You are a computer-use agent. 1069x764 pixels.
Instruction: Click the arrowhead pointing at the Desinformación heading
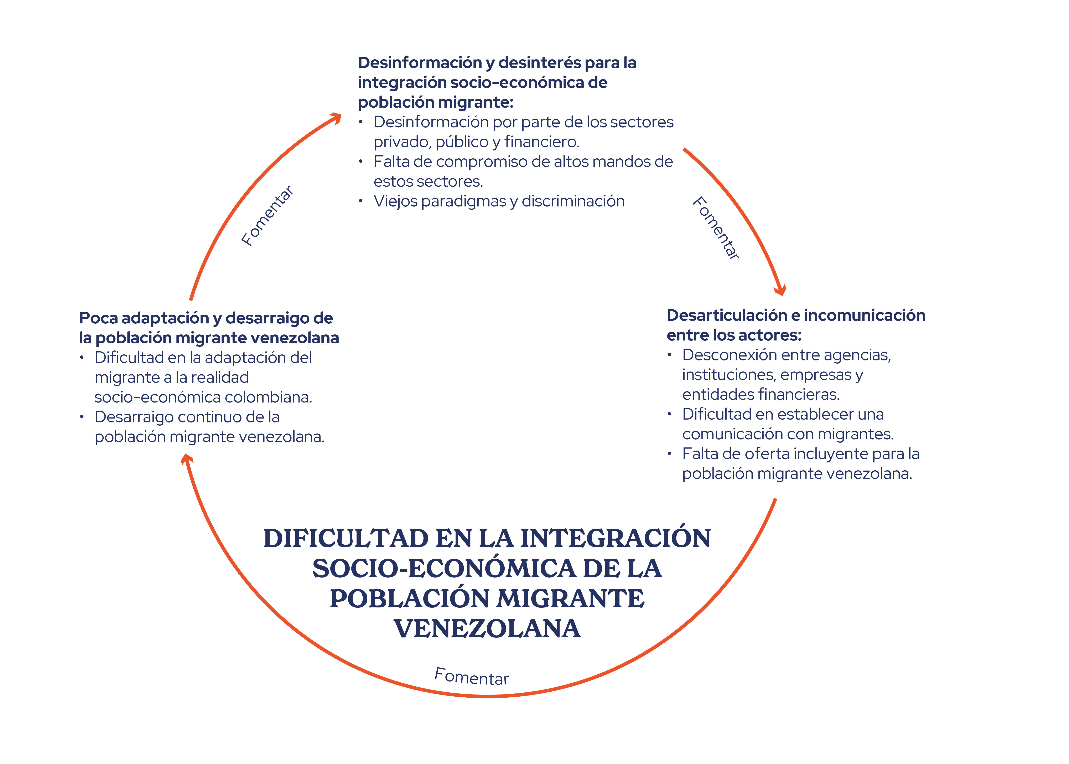point(336,118)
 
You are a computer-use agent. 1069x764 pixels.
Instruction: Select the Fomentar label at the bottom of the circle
point(472,677)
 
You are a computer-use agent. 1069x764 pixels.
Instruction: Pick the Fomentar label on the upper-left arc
point(267,216)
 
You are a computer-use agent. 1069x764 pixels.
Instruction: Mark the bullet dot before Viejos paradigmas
point(360,201)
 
